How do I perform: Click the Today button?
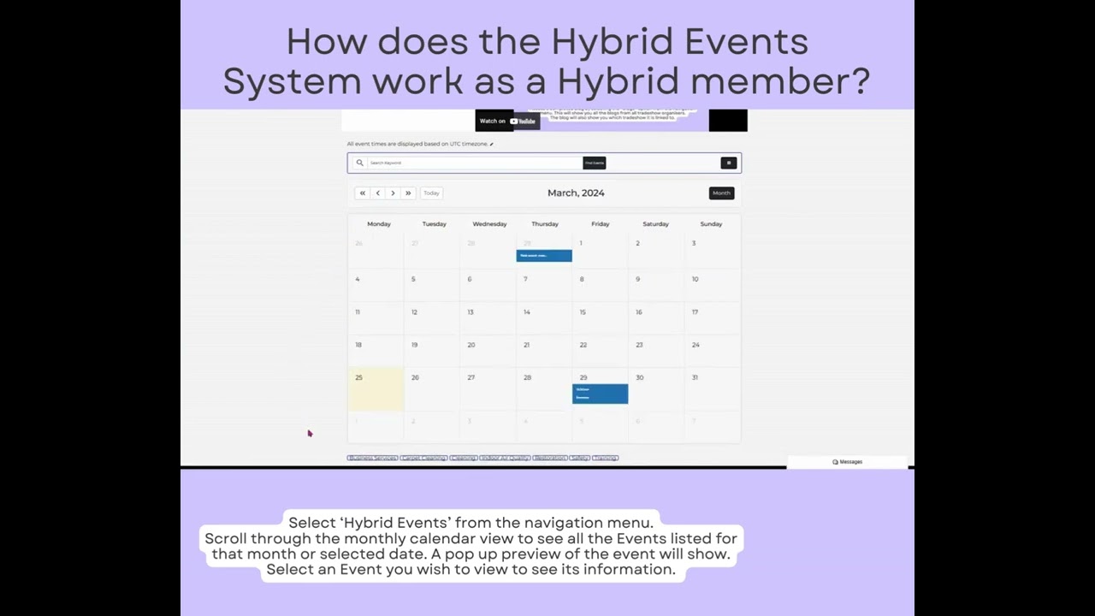(431, 193)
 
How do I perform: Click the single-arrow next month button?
(393, 193)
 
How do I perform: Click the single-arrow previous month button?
(377, 193)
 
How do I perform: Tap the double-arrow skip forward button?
(408, 193)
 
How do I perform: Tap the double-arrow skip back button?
(363, 193)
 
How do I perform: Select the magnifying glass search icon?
(359, 163)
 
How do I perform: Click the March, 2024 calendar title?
(576, 193)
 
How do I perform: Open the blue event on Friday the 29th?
(600, 394)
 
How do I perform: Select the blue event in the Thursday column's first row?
(544, 256)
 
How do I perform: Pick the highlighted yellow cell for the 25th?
(376, 390)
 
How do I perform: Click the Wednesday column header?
(489, 224)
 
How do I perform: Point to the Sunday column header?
(711, 224)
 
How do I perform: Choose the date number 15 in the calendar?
(583, 312)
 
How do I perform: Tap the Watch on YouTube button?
(507, 121)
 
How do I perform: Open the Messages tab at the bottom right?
(847, 462)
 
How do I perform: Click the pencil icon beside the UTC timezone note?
(492, 145)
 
